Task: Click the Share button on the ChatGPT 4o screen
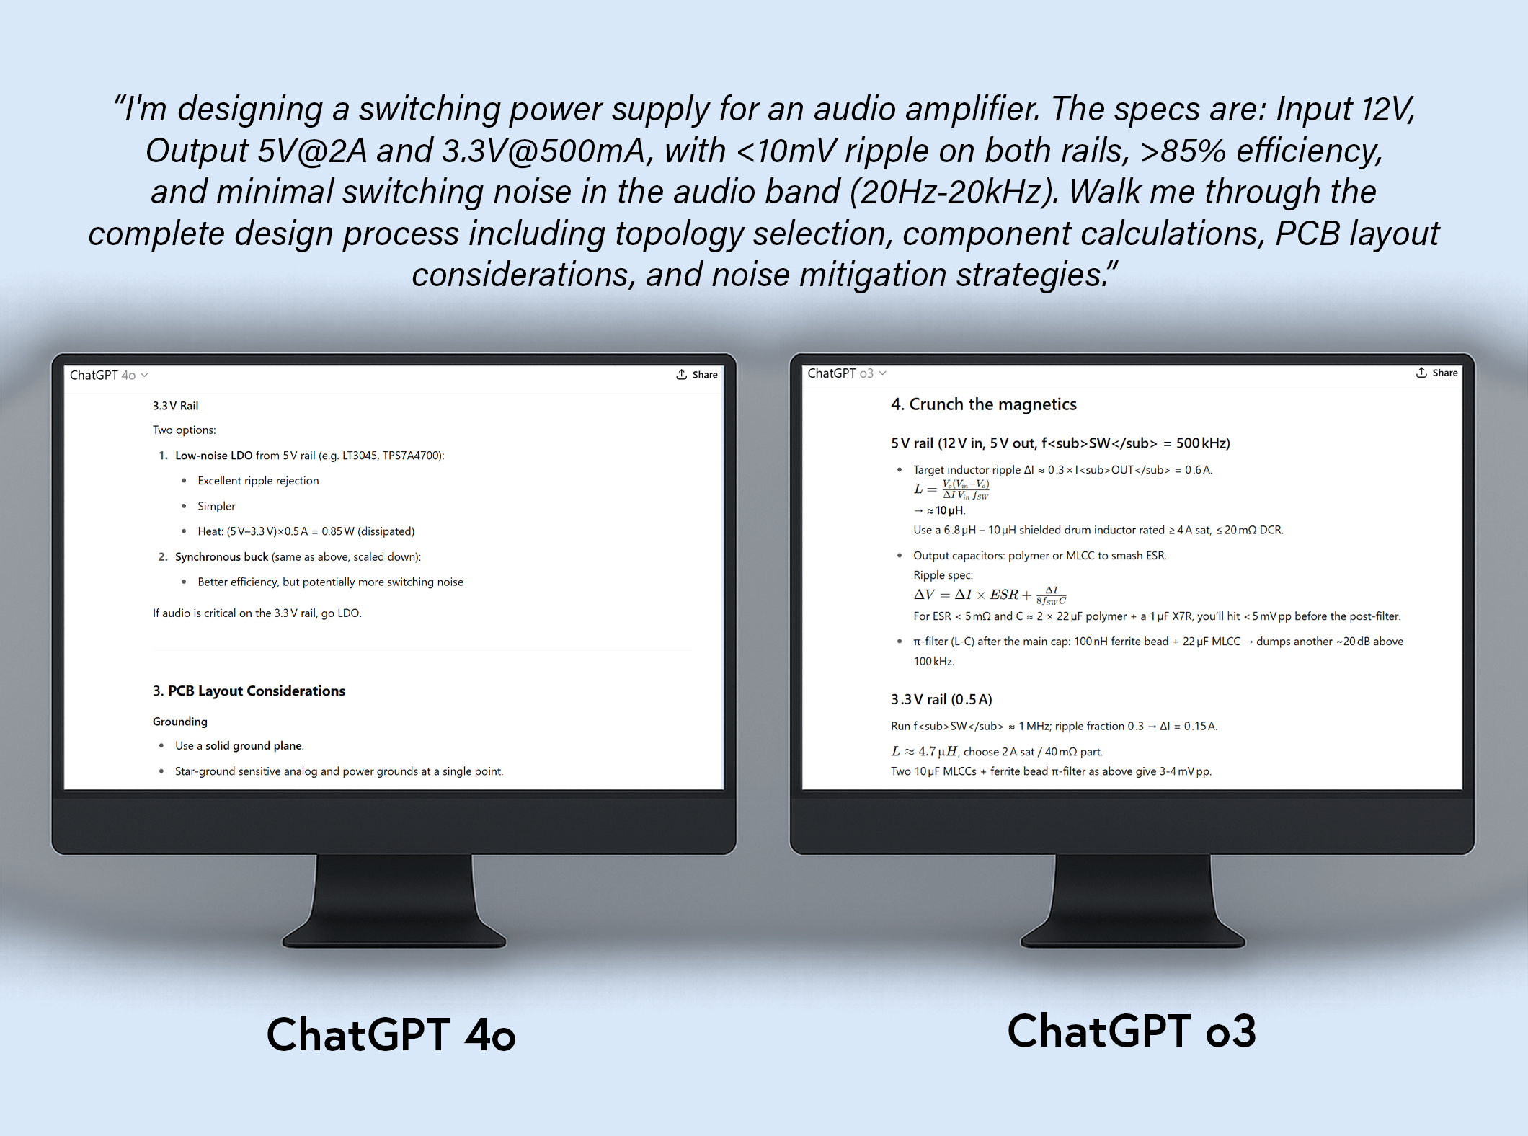click(x=697, y=375)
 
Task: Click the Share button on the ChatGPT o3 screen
click(x=1436, y=373)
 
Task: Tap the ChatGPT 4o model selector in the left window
click(x=109, y=375)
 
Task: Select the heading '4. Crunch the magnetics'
click(x=984, y=404)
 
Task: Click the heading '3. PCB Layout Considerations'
click(x=249, y=691)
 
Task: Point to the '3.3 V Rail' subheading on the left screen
click(x=175, y=406)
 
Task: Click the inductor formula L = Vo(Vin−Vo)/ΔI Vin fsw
click(x=951, y=489)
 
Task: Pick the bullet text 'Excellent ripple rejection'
click(x=258, y=481)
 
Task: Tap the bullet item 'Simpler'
click(x=216, y=506)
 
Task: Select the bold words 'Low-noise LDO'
click(x=213, y=456)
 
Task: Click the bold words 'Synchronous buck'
click(x=221, y=557)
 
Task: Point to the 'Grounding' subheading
click(x=180, y=722)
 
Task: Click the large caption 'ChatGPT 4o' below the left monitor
click(x=391, y=1035)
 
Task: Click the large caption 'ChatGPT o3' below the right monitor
click(x=1132, y=1031)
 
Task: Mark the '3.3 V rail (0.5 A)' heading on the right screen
click(x=941, y=699)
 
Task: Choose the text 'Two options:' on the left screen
click(x=185, y=430)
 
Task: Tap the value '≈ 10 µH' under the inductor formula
click(x=946, y=510)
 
